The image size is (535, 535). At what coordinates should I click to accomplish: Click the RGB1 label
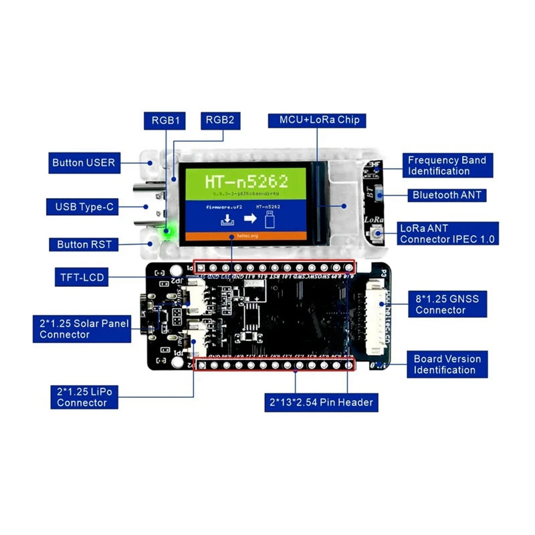coord(165,120)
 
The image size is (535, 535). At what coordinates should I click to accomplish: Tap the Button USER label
coord(84,163)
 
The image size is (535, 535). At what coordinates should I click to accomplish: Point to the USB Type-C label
coord(81,207)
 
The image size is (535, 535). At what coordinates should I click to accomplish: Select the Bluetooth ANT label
coord(445,195)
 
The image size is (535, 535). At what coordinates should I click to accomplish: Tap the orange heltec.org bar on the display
coord(245,236)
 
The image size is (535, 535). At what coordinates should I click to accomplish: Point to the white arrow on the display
coord(245,218)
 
